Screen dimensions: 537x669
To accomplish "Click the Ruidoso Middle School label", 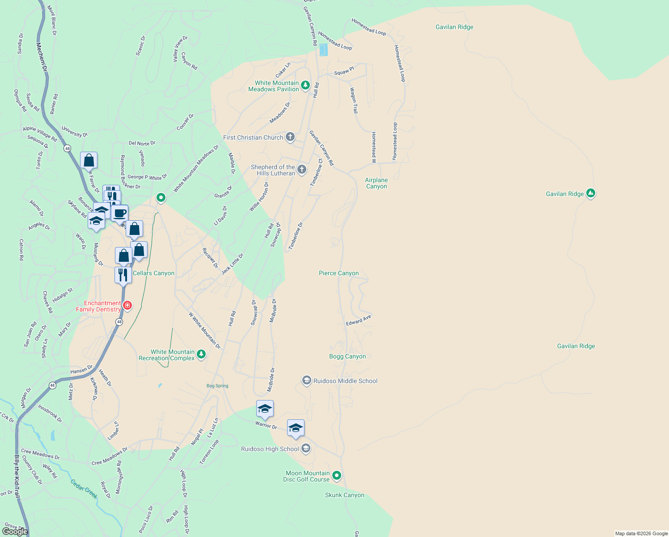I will coord(345,381).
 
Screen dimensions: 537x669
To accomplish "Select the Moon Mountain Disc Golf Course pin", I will coord(337,476).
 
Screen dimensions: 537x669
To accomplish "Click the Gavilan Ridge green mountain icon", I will coord(591,193).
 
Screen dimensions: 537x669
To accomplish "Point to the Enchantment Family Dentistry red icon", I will coord(127,305).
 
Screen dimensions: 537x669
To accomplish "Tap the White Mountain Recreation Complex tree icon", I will coord(201,354).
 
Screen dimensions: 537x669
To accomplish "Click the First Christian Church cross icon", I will coord(290,137).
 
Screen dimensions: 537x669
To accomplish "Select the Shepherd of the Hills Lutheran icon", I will coord(302,169).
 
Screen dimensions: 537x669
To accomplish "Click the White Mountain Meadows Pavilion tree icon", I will coord(305,85).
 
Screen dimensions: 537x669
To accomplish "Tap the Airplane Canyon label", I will coord(377,183).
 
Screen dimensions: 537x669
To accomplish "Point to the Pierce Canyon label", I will coord(339,273).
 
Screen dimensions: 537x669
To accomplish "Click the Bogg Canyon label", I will coord(347,356).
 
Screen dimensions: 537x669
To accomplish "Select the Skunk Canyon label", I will coord(344,495).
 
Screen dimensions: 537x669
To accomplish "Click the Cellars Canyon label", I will coord(154,273).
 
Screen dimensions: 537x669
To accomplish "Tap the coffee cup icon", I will coord(119,213).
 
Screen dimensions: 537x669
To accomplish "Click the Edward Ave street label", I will coord(358,320).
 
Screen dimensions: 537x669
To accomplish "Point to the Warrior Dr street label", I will coord(266,425).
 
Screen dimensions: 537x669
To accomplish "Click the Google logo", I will coord(15,532).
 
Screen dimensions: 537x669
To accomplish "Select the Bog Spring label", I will coord(217,386).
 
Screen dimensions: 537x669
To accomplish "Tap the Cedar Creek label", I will coord(84,489).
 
